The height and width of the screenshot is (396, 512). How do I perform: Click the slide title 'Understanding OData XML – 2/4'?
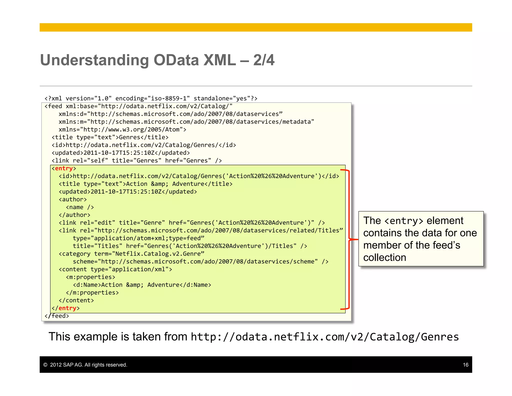coord(157,60)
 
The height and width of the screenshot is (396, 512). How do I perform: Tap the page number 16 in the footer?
coord(465,365)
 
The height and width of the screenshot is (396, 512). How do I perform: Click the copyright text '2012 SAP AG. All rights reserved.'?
coord(88,365)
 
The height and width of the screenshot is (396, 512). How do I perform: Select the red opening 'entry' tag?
coord(64,168)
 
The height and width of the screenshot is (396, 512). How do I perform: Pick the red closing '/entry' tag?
coord(67,308)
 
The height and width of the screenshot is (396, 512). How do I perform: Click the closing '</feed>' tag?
coord(57,316)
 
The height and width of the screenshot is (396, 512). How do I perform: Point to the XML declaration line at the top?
coord(151,98)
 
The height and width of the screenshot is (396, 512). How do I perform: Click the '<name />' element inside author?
coord(80,207)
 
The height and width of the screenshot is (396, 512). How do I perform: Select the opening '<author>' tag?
coord(73,200)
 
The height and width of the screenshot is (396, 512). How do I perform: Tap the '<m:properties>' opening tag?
coord(90,277)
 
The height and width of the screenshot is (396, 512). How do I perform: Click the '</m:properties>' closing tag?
coord(92,293)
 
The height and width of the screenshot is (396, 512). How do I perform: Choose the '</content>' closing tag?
coord(76,300)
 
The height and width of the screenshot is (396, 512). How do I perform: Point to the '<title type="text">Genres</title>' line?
coord(110,137)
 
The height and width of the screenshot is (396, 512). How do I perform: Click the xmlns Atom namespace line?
coord(122,130)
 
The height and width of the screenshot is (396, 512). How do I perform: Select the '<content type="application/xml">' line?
coord(115,269)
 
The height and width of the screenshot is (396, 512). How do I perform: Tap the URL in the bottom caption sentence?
coord(325,337)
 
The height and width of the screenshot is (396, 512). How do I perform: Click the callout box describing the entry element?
coord(421,239)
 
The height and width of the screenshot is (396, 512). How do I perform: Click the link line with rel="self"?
coord(136,161)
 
